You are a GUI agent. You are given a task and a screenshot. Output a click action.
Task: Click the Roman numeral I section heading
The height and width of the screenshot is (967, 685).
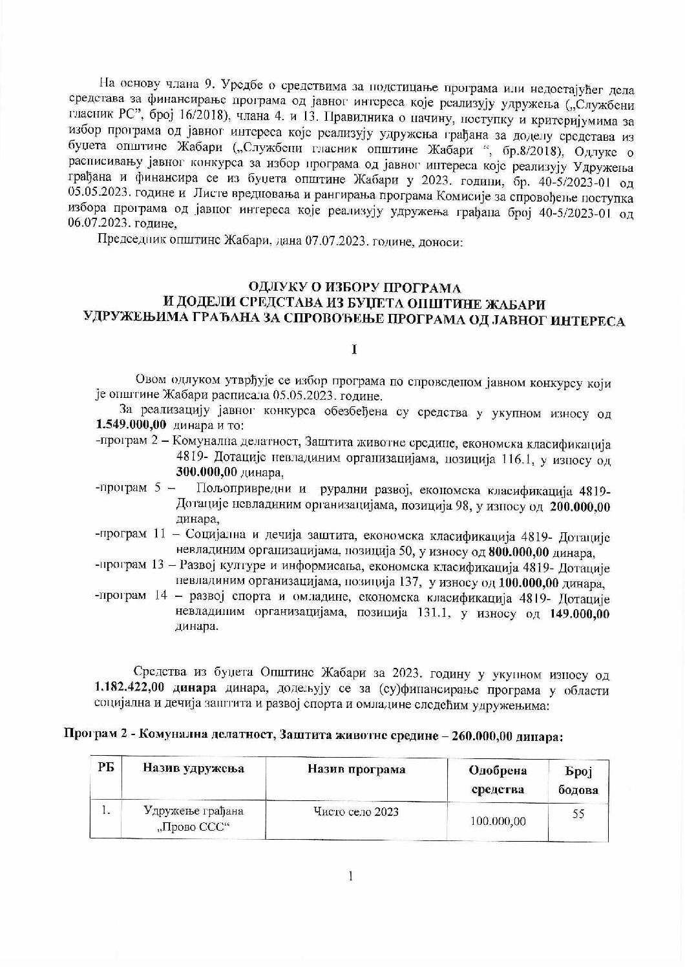click(x=354, y=349)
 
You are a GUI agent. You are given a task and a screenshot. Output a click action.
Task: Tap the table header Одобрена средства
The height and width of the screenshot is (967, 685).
click(x=498, y=780)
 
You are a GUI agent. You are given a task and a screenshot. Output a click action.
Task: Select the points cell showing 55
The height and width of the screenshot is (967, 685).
click(x=578, y=815)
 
